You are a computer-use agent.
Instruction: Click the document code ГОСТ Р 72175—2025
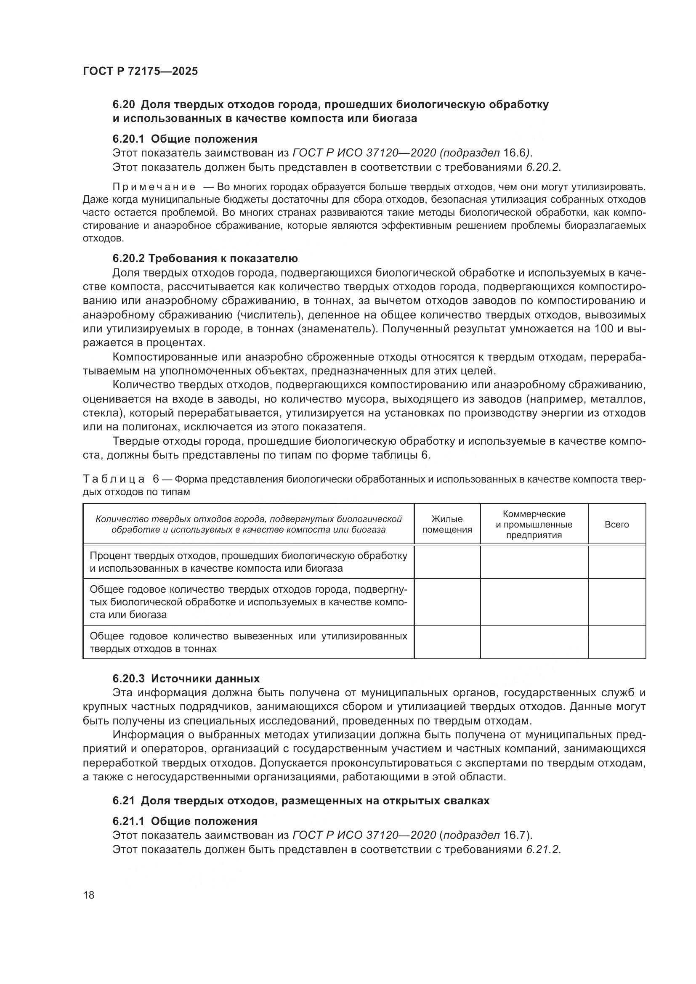140,71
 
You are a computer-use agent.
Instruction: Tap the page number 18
89,895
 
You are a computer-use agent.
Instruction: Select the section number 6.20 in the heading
124,105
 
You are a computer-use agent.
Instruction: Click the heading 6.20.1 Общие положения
185,139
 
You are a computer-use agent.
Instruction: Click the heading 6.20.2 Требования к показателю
205,258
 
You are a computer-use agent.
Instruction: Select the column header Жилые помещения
447,524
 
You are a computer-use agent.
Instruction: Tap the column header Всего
616,524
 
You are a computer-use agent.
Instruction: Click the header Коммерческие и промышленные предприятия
534,524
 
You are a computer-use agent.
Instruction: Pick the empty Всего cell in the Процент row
616,562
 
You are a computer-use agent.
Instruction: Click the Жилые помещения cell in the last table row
447,642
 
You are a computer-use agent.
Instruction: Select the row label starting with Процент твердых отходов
248,562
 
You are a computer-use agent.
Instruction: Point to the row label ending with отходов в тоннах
248,642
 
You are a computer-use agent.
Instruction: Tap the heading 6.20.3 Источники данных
186,679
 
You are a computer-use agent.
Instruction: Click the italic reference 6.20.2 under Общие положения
542,167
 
